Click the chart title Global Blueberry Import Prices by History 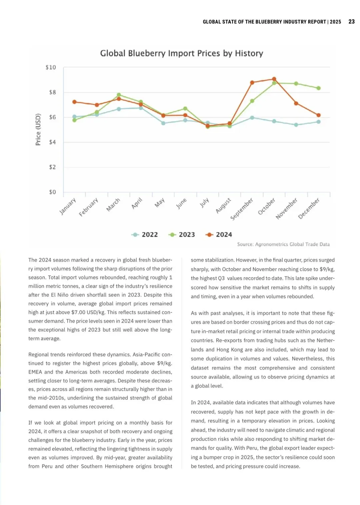pyautogui.click(x=182, y=53)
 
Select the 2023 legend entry pyautogui.click(x=182, y=235)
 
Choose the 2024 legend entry pyautogui.click(x=219, y=235)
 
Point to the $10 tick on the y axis pyautogui.click(x=51, y=67)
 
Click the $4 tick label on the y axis pyautogui.click(x=52, y=142)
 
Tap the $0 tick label pyautogui.click(x=52, y=192)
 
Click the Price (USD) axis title pyautogui.click(x=38, y=130)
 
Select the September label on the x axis pyautogui.click(x=242, y=209)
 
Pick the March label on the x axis pyautogui.click(x=113, y=205)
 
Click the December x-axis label pyautogui.click(x=309, y=208)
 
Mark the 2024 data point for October pyautogui.click(x=274, y=79)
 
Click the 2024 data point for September pyautogui.click(x=252, y=82)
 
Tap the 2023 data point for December pyautogui.click(x=319, y=88)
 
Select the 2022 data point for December pyautogui.click(x=319, y=122)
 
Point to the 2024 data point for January pyautogui.click(x=74, y=102)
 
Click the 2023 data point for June pyautogui.click(x=185, y=109)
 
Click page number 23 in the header pyautogui.click(x=351, y=22)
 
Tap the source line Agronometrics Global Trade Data pyautogui.click(x=283, y=244)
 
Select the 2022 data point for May pyautogui.click(x=163, y=123)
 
